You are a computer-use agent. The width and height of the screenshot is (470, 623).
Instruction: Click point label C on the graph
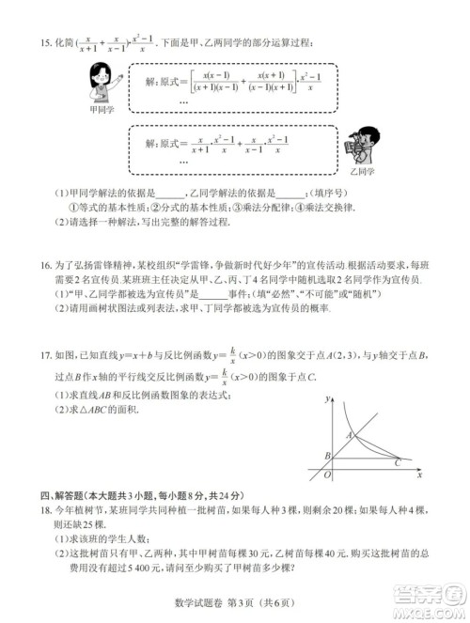point(398,463)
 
